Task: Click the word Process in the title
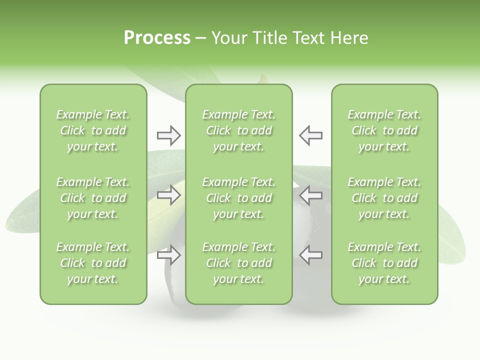(157, 38)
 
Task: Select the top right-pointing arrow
(168, 135)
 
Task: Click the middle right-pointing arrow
(168, 195)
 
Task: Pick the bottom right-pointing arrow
(168, 255)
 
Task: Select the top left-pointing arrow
(310, 135)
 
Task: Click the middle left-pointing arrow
(310, 195)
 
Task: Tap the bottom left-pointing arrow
(310, 255)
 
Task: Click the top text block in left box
(93, 130)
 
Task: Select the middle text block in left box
(93, 198)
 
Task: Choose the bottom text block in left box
(93, 263)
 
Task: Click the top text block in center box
(238, 130)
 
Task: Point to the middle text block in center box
(238, 198)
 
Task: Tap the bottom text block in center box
(238, 263)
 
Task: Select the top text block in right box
(384, 130)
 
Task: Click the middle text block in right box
(384, 198)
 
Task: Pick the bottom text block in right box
(384, 263)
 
